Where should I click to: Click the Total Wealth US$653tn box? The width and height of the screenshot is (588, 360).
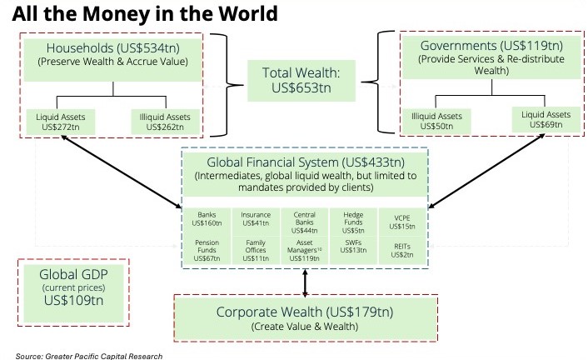point(301,80)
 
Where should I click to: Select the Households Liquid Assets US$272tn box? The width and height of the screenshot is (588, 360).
point(60,122)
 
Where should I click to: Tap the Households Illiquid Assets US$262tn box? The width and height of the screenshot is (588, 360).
point(165,122)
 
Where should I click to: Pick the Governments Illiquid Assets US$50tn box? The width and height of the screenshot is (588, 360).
point(436,121)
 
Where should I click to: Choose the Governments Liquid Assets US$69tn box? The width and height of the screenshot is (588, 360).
point(546,119)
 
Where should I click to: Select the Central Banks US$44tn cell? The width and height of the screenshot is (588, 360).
point(304,222)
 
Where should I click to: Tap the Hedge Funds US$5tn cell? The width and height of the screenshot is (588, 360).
point(353,222)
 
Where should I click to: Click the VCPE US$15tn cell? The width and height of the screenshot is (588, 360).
point(402,222)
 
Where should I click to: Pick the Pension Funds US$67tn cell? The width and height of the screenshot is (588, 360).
point(207,250)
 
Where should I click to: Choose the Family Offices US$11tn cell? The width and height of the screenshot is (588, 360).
point(256,250)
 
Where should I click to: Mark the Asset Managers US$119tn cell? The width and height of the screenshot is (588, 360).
point(304,250)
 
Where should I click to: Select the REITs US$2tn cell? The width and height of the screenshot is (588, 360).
point(402,250)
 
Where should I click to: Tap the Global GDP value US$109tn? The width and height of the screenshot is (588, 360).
point(73,300)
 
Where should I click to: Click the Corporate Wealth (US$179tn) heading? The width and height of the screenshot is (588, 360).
point(305,312)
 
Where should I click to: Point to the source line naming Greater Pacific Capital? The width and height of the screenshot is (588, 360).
point(89,356)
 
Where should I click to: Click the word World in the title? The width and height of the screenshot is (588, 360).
point(248,14)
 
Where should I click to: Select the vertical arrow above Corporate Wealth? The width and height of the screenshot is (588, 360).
point(305,282)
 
